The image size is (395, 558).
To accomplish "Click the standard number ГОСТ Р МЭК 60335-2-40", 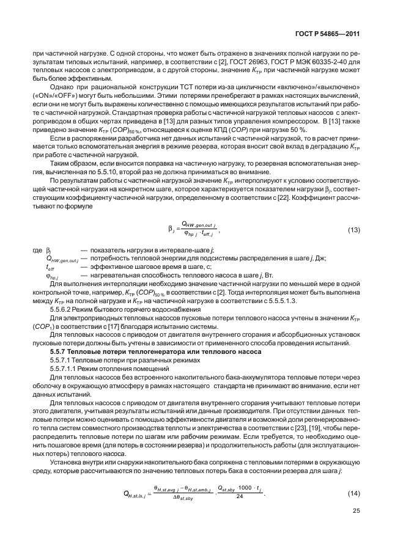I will (x=308, y=62).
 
